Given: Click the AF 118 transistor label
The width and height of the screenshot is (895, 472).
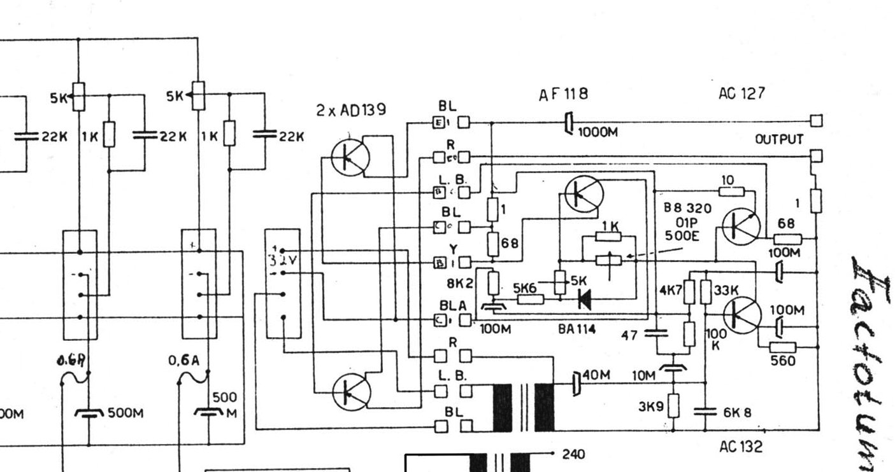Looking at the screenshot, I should click(563, 94).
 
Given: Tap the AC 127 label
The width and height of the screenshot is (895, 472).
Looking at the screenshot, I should click(741, 94).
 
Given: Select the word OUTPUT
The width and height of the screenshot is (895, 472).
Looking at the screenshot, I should click(779, 139).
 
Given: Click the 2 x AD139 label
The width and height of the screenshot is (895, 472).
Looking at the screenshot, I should click(350, 110).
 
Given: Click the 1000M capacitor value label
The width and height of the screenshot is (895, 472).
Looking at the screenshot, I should click(598, 132).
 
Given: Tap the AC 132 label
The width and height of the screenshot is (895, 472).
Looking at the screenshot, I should click(740, 447).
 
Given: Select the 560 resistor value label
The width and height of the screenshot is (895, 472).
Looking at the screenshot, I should click(782, 361).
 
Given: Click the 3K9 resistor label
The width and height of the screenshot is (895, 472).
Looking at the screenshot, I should click(651, 405).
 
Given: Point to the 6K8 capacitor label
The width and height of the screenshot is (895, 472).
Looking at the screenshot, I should click(737, 412).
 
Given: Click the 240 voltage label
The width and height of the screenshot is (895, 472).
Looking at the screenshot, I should click(574, 454).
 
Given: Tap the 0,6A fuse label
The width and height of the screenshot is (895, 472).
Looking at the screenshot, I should click(184, 361).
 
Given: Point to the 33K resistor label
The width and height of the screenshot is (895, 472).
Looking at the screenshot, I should click(726, 289).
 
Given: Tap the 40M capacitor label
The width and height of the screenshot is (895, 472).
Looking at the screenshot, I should click(597, 375).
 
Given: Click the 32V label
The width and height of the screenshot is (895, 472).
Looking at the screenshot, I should click(278, 260).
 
